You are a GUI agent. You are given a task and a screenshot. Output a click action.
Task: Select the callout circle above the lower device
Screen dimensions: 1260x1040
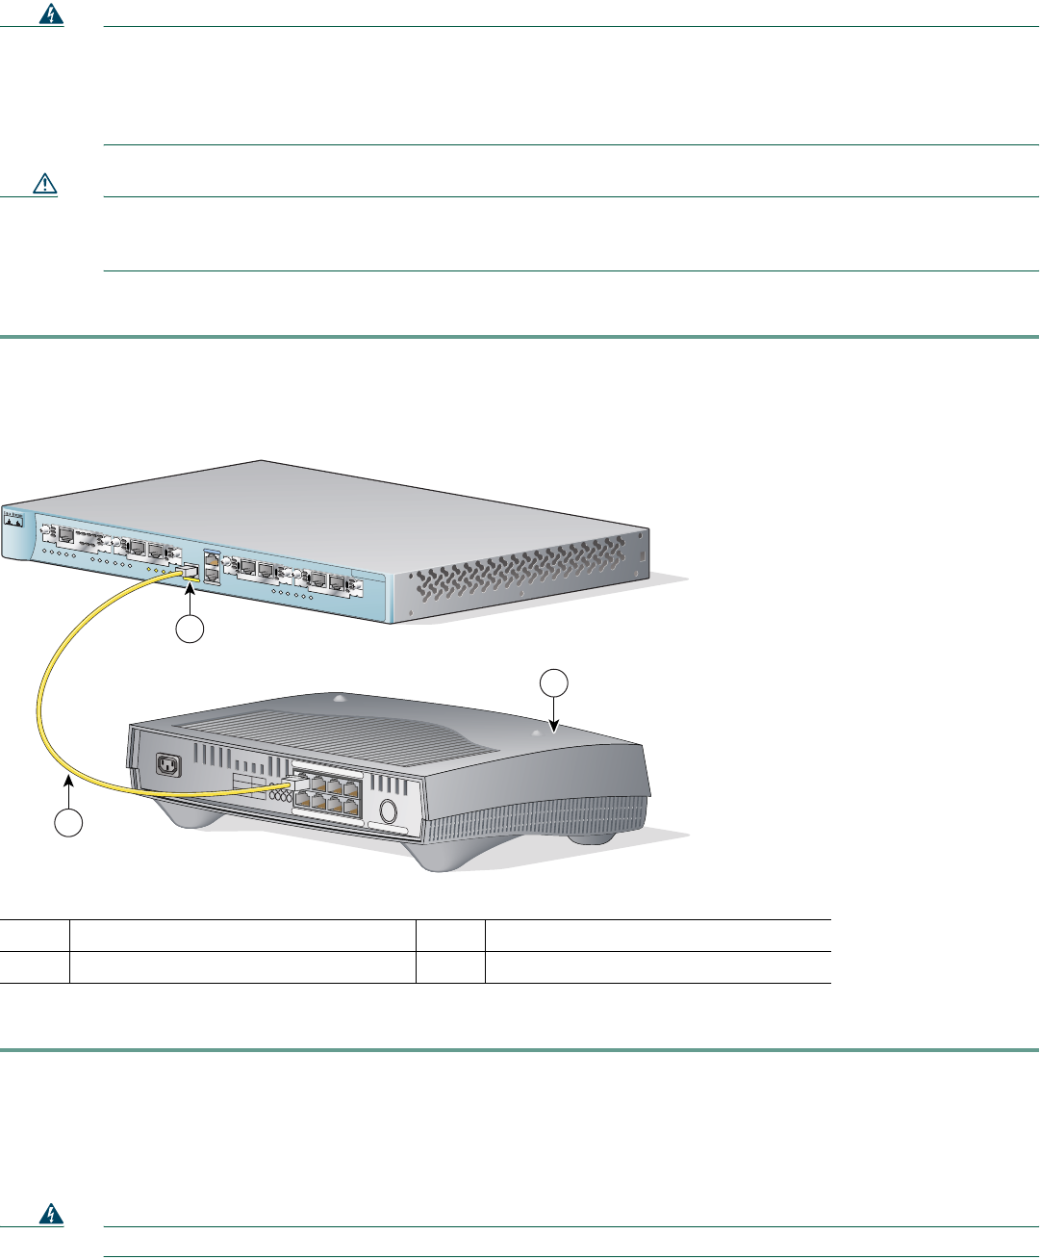point(553,683)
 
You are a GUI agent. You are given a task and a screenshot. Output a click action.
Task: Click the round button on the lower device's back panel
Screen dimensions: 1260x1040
point(388,810)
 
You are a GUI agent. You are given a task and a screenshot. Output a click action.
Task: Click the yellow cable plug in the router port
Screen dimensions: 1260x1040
point(189,571)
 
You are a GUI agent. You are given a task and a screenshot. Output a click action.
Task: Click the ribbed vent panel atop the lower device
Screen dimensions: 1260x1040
point(317,732)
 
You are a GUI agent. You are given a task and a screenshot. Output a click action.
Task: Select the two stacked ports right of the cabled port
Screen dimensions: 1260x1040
point(212,568)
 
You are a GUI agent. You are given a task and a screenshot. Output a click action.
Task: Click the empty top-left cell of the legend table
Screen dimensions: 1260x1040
point(35,936)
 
